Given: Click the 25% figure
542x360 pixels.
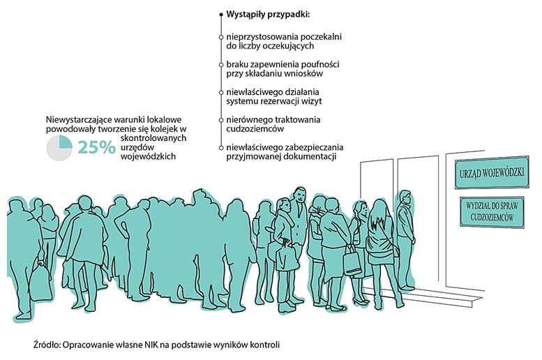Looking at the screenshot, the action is [96, 147].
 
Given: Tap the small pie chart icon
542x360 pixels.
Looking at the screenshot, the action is [59, 148].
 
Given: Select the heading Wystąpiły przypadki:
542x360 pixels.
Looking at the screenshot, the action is [268, 15].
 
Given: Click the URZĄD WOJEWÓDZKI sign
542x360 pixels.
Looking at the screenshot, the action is [492, 172].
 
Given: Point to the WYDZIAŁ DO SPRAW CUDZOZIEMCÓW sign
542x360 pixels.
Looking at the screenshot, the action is [492, 211].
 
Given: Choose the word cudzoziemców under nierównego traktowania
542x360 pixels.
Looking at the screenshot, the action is [255, 128].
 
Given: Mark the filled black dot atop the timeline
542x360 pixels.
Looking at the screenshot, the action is [221, 15].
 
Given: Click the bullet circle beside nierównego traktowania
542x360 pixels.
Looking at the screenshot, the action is [221, 120].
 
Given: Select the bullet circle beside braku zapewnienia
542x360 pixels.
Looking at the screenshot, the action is [221, 65].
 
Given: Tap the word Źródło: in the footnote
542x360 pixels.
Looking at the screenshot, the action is [47, 345].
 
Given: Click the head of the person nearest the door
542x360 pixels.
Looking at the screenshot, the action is [405, 197].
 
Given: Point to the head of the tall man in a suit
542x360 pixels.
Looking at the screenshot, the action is [300, 195].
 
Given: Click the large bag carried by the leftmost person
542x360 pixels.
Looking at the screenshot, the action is [40, 283].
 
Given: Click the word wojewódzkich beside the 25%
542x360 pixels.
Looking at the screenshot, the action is [148, 156].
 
